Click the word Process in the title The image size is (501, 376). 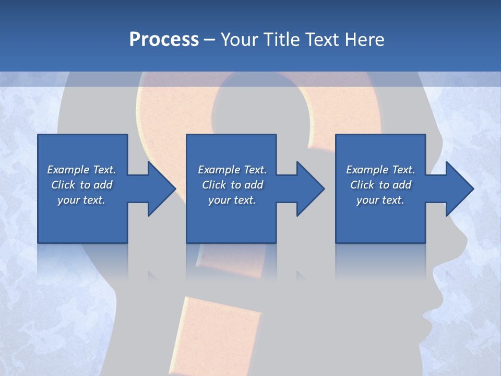[164, 40]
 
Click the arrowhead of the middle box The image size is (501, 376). [309, 189]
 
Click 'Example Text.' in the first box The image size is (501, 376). [81, 170]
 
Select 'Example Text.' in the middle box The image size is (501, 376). [232, 170]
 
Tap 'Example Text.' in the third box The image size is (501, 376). [380, 170]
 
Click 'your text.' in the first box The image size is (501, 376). [81, 200]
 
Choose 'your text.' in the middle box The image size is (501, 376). [232, 200]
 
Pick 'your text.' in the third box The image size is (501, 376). [380, 200]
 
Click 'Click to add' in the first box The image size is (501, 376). [81, 185]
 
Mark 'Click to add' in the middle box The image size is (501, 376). [232, 185]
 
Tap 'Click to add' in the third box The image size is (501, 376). [380, 185]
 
